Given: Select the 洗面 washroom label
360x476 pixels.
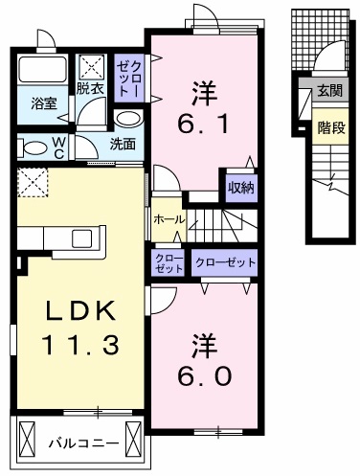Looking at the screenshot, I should [122, 145].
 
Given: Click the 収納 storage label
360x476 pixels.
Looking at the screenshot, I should [239, 187].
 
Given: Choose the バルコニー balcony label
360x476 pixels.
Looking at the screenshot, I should [83, 443].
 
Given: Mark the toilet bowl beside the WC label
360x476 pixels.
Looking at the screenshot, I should [32, 148].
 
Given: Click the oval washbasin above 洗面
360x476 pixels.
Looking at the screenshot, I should [126, 120].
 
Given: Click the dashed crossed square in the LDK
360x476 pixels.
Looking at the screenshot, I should [32, 179].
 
